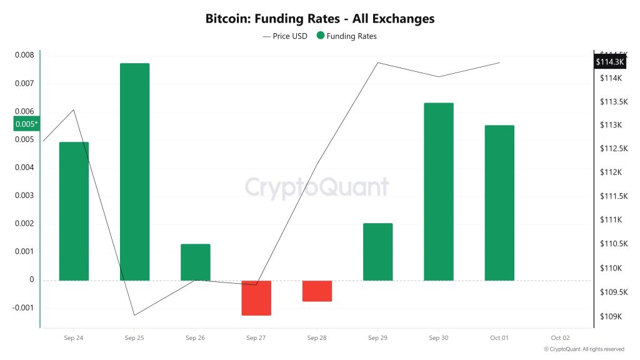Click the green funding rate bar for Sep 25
click(x=134, y=171)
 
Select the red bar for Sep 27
click(x=256, y=297)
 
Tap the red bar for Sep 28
click(x=317, y=291)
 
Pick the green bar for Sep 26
click(x=196, y=262)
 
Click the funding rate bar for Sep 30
click(x=438, y=191)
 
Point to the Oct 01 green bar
click(x=499, y=202)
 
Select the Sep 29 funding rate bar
click(x=377, y=251)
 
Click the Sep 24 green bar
click(x=74, y=211)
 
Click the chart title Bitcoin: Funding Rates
click(x=319, y=19)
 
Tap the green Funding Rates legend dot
click(x=321, y=36)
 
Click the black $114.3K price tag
click(x=610, y=62)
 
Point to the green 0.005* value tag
click(x=27, y=124)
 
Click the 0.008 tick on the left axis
click(x=24, y=55)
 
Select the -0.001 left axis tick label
click(x=23, y=308)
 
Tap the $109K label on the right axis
click(x=611, y=316)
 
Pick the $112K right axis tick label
click(x=611, y=172)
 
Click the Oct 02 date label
click(x=560, y=338)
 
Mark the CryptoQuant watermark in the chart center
click(x=316, y=187)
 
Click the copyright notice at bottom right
click(x=584, y=349)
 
